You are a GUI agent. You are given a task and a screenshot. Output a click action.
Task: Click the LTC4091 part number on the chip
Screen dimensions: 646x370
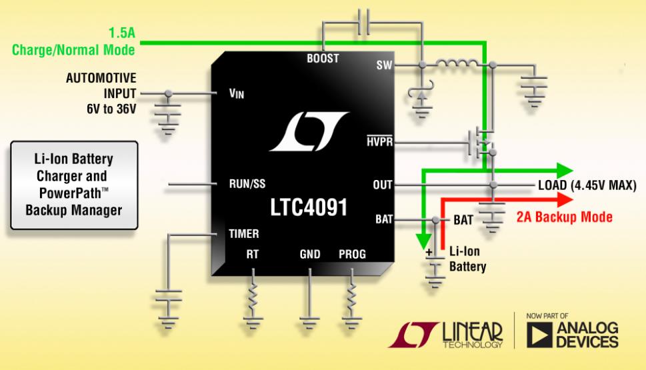(309, 207)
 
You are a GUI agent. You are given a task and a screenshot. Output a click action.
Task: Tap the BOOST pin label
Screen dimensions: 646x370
(323, 59)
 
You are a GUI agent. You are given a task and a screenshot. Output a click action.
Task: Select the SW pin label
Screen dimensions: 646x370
(384, 65)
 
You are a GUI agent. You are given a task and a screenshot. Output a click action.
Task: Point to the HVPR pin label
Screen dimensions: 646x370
(380, 142)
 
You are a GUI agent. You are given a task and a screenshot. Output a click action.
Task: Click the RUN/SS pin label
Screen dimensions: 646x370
(247, 184)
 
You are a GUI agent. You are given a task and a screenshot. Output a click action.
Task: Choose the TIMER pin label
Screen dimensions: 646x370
(244, 234)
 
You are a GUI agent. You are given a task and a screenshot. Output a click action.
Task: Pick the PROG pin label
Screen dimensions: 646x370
(352, 254)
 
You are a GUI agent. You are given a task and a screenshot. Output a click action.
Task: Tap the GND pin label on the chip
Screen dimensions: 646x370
(310, 254)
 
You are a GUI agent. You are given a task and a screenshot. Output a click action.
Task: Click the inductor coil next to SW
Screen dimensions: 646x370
(457, 63)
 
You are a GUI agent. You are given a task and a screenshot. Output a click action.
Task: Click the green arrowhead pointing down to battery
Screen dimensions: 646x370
(423, 241)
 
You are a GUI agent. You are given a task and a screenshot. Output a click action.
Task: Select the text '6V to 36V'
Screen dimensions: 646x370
(111, 109)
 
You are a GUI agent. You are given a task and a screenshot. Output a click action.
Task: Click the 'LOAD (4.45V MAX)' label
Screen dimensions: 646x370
(587, 185)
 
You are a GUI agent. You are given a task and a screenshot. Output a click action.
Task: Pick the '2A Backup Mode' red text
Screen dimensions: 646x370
(565, 217)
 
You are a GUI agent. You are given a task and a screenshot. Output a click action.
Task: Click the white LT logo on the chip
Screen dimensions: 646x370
(309, 131)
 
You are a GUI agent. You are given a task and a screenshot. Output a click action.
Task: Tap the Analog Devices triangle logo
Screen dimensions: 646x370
(539, 335)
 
